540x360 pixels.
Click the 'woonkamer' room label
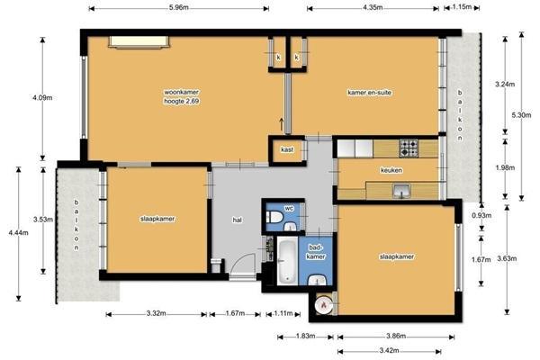coord(181,93)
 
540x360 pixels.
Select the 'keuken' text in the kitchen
coord(391,169)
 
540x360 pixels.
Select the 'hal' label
coord(238,219)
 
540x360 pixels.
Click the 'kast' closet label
coord(287,150)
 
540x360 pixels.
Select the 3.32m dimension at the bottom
coord(157,314)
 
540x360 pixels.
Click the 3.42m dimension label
coord(390,349)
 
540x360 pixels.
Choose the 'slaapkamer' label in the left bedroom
coord(157,219)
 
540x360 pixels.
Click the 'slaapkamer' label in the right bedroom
coord(396,256)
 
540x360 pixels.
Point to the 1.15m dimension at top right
coord(462,8)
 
